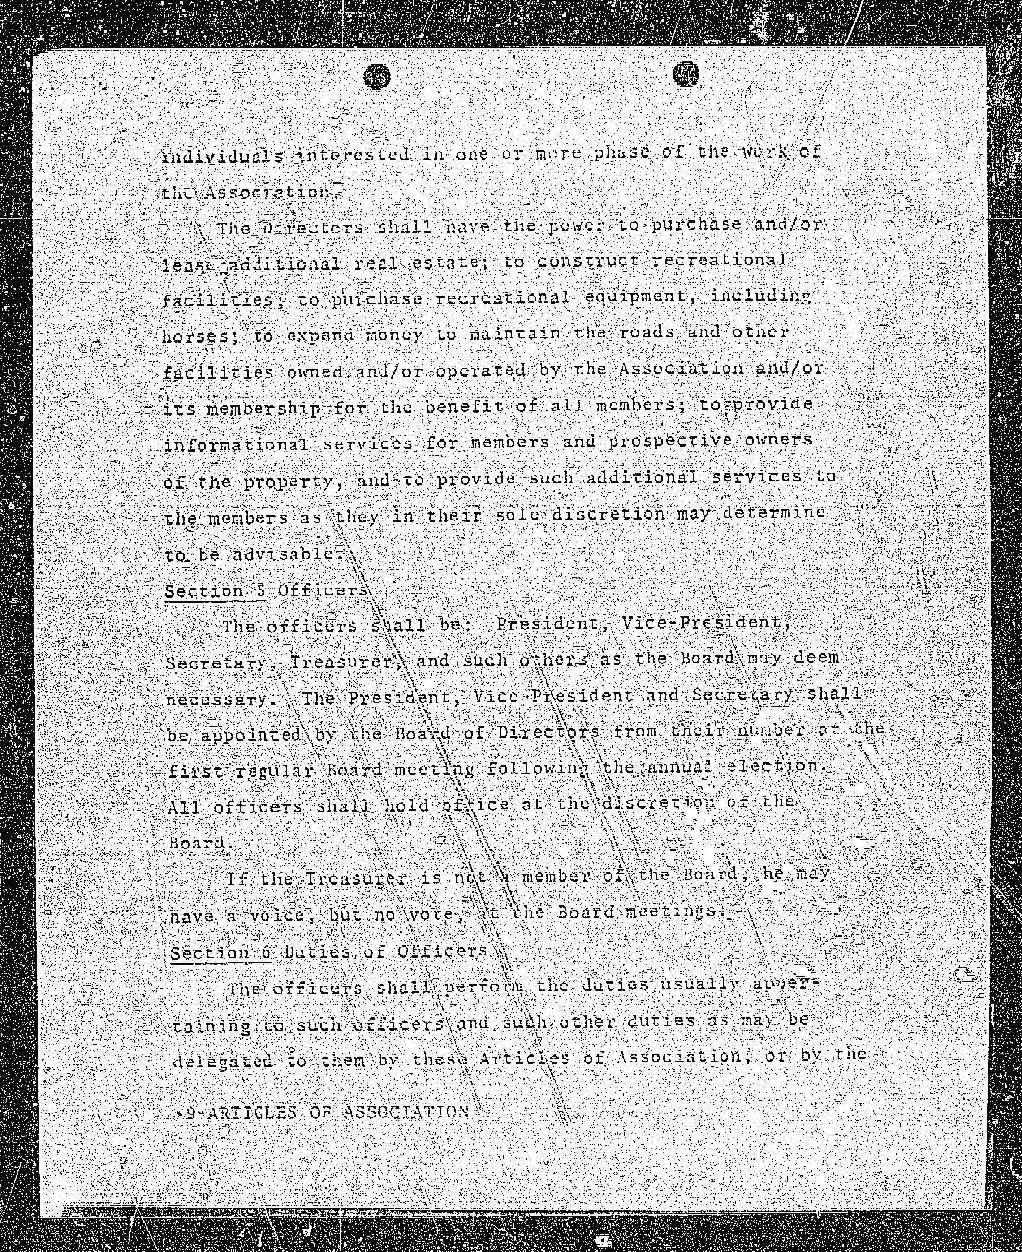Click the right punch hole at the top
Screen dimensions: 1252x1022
click(685, 74)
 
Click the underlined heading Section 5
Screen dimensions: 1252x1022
click(215, 591)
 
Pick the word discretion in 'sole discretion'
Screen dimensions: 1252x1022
click(608, 514)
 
